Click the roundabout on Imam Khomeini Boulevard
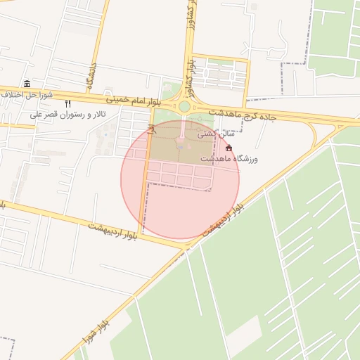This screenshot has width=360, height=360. point(184,106)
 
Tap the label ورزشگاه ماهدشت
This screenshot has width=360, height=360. point(229,160)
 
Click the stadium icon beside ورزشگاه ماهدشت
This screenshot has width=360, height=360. point(229,148)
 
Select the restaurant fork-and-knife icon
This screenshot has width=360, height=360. point(67,103)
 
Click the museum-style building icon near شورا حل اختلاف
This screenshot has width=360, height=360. point(27,84)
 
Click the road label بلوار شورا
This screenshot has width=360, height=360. point(94,330)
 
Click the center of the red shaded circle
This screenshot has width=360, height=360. point(180,180)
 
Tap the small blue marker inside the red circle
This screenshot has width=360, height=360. point(179,147)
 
